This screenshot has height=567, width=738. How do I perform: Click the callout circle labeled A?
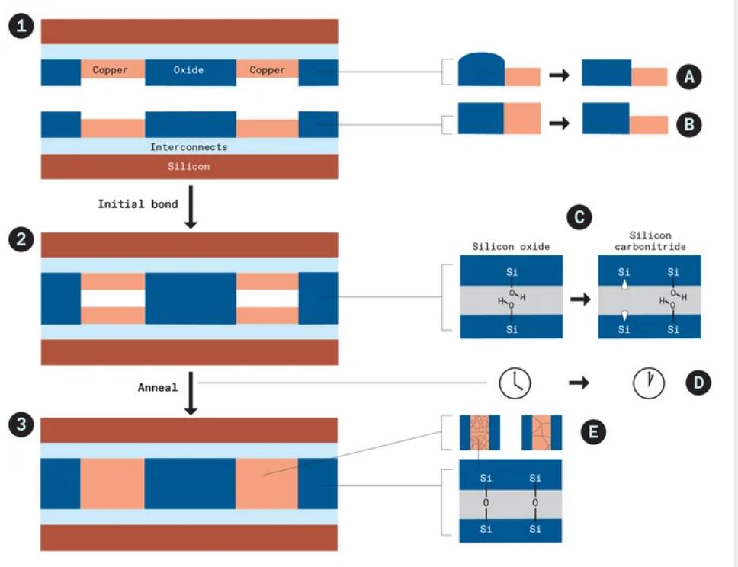point(688,76)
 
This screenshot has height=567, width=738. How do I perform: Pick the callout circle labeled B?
point(688,124)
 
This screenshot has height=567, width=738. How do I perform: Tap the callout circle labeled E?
point(592,433)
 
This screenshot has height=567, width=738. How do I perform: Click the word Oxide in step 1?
point(188,70)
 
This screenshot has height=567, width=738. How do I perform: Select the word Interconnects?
point(188,146)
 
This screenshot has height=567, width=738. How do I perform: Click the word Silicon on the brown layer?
point(188,165)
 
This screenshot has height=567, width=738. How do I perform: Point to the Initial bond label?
point(138,203)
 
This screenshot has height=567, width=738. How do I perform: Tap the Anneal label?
point(158,387)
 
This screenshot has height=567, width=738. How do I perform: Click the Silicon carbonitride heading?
point(648,242)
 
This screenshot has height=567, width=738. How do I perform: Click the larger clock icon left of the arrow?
point(515,383)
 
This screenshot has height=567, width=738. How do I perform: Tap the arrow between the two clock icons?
point(579,383)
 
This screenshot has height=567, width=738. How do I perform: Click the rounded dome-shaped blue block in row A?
point(480,69)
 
